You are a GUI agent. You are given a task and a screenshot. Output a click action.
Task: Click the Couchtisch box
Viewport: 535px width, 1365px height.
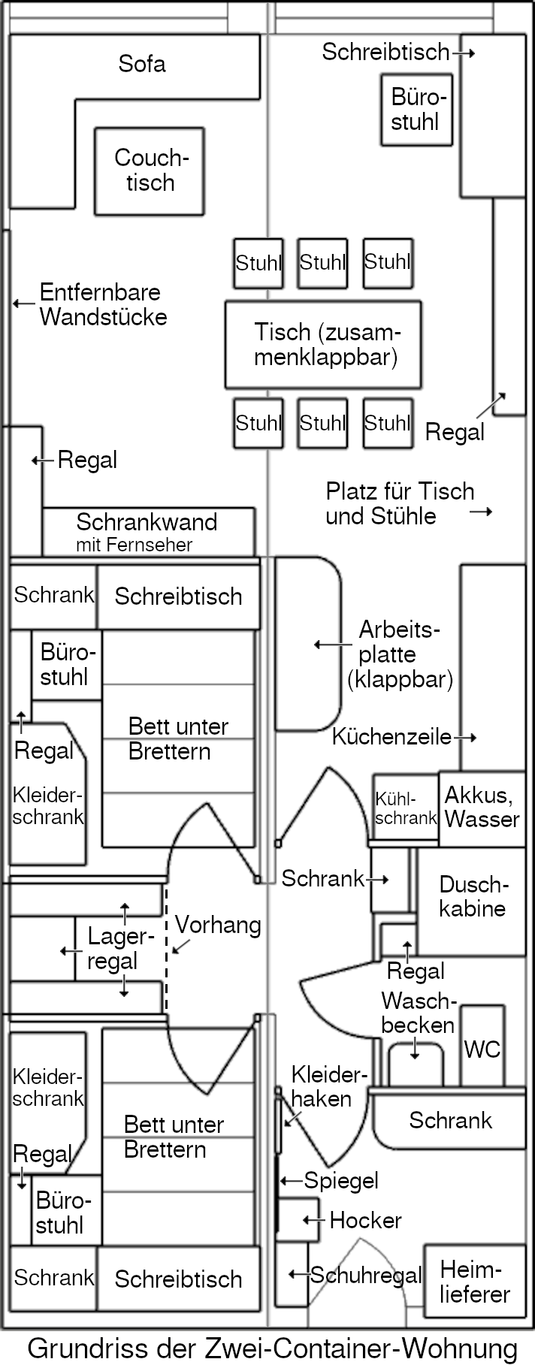click(149, 171)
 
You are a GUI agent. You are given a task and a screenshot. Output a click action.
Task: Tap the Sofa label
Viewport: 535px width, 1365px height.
click(141, 64)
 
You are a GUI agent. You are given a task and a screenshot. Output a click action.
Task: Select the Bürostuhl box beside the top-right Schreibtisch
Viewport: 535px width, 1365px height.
click(416, 110)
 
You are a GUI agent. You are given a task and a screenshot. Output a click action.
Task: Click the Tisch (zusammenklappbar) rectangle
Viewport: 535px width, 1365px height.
click(323, 344)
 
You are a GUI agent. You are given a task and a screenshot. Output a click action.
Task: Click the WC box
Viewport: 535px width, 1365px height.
click(482, 1047)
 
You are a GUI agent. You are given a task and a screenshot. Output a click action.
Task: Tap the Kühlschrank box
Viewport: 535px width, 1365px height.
click(405, 810)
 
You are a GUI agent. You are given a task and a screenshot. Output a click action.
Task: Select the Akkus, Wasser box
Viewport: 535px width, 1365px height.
click(482, 808)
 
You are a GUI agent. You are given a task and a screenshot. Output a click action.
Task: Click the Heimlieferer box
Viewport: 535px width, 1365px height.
click(474, 1282)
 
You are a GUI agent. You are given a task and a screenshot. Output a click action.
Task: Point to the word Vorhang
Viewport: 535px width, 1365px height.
click(218, 925)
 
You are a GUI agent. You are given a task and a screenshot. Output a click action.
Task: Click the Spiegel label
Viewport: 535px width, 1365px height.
click(341, 1180)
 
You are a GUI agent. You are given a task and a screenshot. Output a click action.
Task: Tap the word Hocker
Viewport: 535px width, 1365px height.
click(365, 1220)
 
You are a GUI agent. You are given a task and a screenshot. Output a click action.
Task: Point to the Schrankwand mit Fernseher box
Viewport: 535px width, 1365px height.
click(147, 532)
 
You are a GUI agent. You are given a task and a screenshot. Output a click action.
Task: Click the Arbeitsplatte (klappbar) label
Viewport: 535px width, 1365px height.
click(399, 654)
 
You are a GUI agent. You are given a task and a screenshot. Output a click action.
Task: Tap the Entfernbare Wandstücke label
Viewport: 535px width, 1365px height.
click(103, 304)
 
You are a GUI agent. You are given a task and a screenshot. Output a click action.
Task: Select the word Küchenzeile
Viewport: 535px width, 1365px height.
click(391, 737)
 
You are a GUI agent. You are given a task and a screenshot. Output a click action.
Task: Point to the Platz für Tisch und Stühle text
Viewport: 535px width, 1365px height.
click(399, 503)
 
